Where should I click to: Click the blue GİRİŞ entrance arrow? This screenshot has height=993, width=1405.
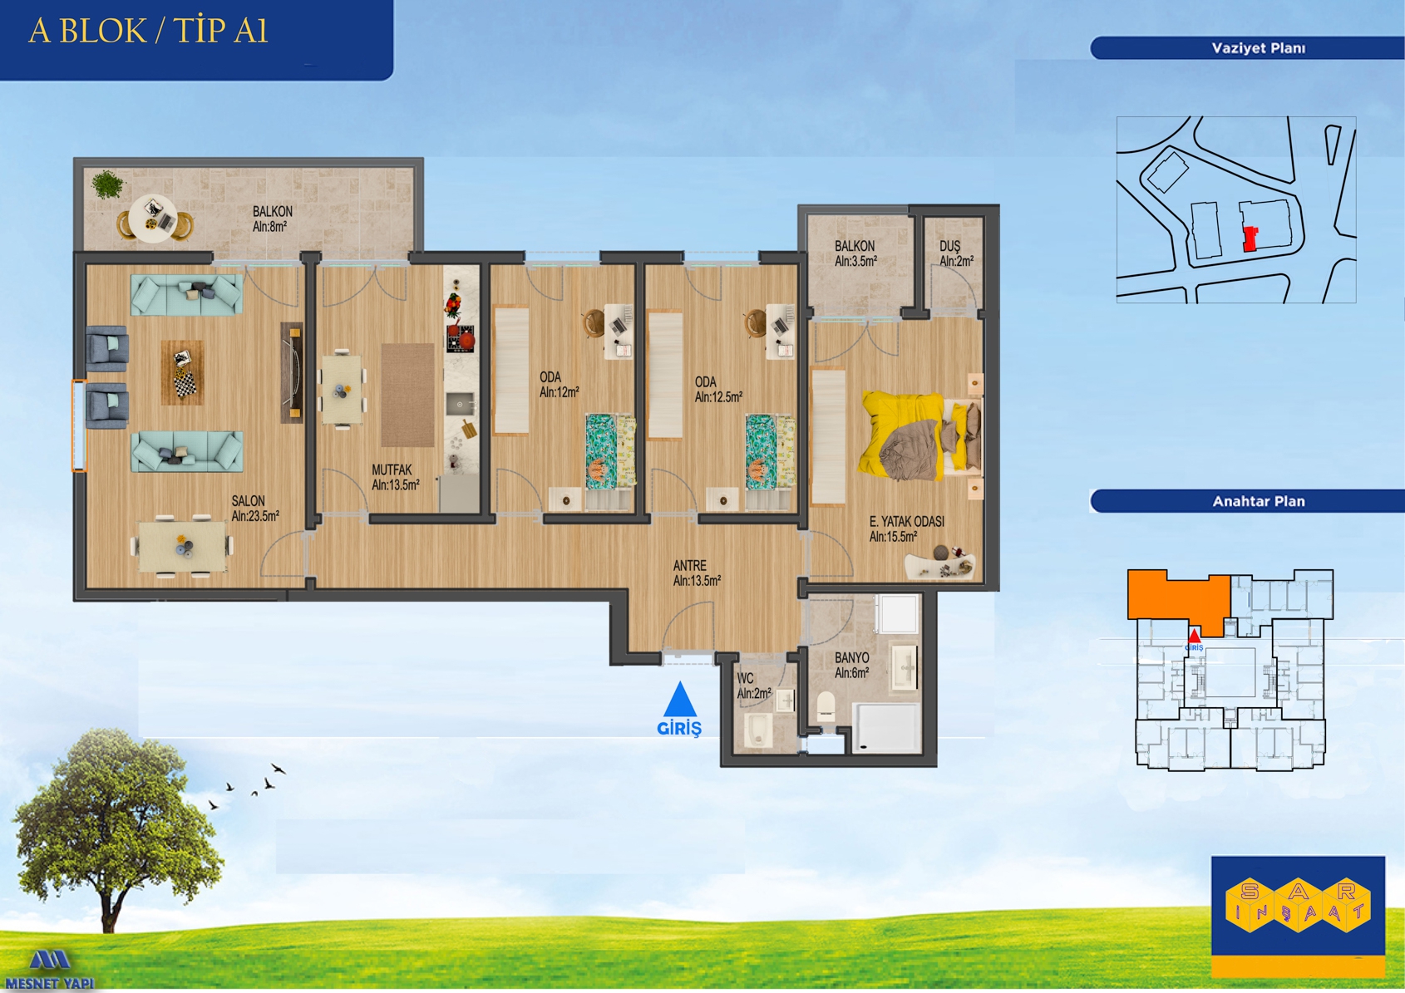pos(680,699)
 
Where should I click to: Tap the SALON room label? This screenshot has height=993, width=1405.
pos(249,501)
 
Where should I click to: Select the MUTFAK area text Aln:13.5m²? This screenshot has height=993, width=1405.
pos(396,484)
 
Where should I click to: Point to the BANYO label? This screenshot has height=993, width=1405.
pos(852,657)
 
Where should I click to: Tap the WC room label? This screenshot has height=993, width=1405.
pos(745,678)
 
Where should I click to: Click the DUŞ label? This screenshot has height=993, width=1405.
pos(949,246)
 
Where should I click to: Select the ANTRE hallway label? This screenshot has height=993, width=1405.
pos(690,565)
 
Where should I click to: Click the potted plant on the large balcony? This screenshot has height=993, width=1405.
pos(108,185)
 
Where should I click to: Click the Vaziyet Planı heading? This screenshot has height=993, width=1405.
pos(1259,48)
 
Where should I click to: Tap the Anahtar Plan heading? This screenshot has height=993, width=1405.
pos(1259,502)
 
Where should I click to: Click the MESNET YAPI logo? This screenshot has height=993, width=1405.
pos(50,969)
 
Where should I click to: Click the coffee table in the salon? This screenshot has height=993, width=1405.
pos(182,372)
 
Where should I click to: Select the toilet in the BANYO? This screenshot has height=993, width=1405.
pos(826,707)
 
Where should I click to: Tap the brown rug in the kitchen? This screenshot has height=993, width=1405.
pos(407,395)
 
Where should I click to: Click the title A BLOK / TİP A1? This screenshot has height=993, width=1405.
pos(148,32)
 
